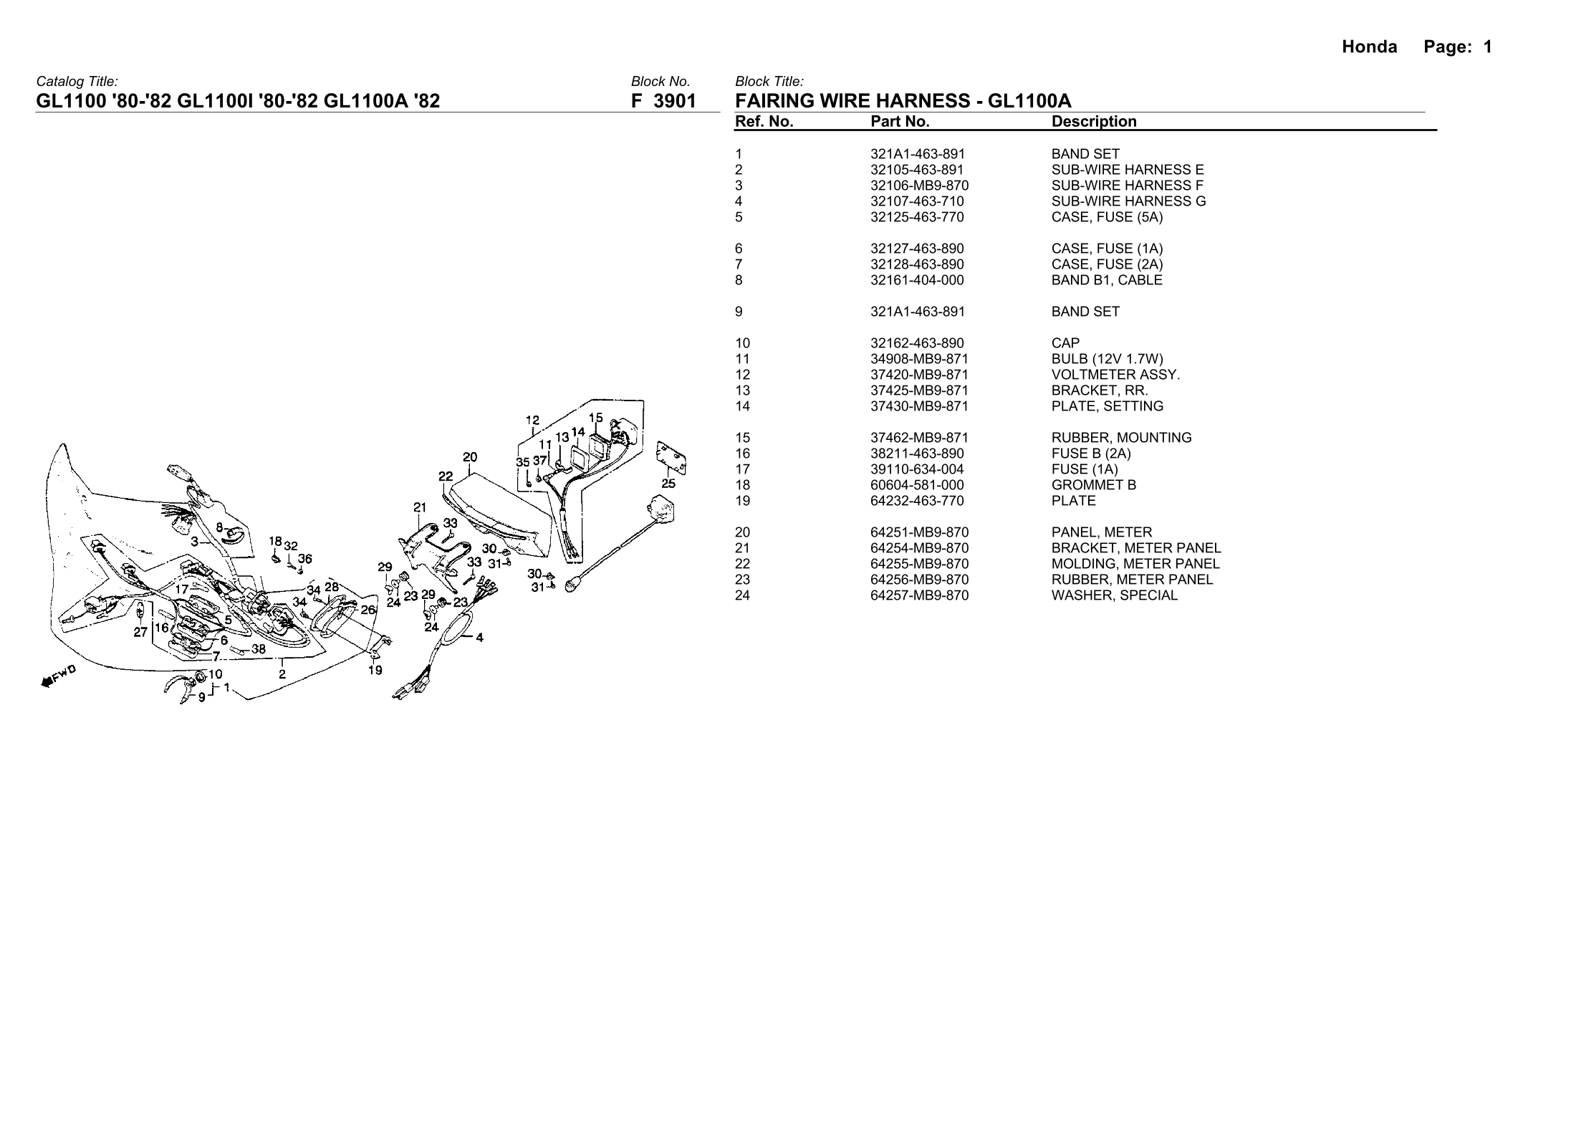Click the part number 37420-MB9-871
(919, 375)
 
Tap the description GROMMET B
(1093, 485)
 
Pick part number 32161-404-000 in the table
(917, 280)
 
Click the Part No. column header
(900, 122)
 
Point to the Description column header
(1094, 122)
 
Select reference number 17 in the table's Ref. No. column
(742, 469)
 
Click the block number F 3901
(663, 102)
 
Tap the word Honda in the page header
(1369, 47)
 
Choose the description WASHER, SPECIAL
(1114, 595)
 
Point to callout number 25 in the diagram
(668, 484)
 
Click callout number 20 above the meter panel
(470, 457)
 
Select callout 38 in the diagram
(259, 649)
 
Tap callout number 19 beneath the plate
(375, 671)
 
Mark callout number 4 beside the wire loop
(479, 637)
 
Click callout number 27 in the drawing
(140, 632)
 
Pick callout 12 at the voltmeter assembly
(532, 420)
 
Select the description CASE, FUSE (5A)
(1107, 217)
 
